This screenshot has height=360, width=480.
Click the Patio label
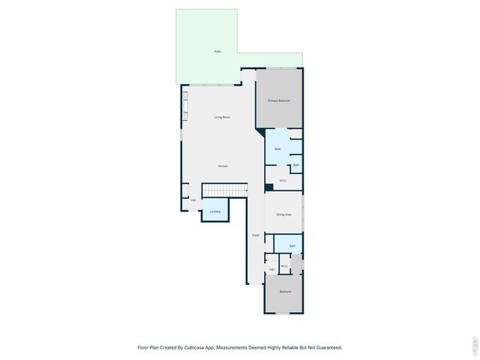coord(217,51)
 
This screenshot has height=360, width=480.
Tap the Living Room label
coord(222,117)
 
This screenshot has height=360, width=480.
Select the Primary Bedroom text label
coord(279,100)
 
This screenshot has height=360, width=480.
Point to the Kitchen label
coord(223,166)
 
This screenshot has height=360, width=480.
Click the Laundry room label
coord(214,211)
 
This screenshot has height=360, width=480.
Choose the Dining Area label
coord(283,214)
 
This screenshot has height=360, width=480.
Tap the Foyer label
coord(255,235)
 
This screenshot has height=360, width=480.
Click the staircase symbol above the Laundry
coord(225,190)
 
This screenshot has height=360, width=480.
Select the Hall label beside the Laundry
coord(193,199)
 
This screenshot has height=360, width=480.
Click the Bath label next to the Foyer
coord(292,245)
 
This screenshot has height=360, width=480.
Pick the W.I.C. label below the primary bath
coord(283,180)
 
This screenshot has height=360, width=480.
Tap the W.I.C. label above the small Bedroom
coord(285,266)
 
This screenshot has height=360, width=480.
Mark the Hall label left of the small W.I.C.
coord(271,269)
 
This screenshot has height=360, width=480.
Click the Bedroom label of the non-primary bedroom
coord(285,291)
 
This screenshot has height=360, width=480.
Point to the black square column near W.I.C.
coord(269,187)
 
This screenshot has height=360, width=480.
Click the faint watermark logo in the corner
coord(474,346)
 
